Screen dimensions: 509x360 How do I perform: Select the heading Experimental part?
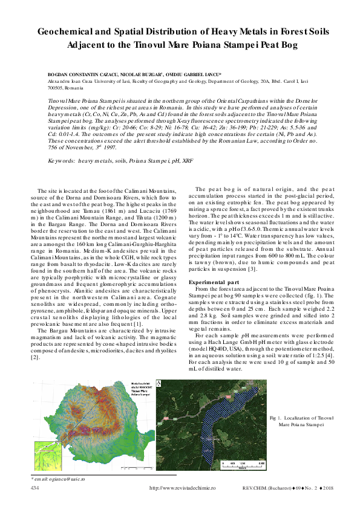[214, 282]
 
